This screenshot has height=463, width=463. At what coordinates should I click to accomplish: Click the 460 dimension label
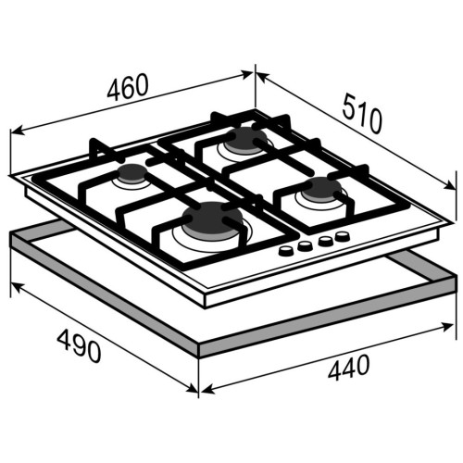[128, 87]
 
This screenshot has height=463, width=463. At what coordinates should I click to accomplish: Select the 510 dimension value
[362, 114]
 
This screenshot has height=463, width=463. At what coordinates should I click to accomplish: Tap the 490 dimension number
[79, 345]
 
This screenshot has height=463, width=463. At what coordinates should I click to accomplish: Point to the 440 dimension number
[348, 368]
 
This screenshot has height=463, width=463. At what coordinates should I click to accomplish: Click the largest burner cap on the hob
[211, 219]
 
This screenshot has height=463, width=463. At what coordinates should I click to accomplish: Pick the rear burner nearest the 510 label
[244, 140]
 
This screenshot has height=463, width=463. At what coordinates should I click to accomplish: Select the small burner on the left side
[131, 174]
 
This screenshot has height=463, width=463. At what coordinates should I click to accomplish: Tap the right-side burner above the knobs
[322, 189]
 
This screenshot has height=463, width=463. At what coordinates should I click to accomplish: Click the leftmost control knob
[286, 251]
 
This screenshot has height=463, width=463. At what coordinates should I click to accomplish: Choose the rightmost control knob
[343, 236]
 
